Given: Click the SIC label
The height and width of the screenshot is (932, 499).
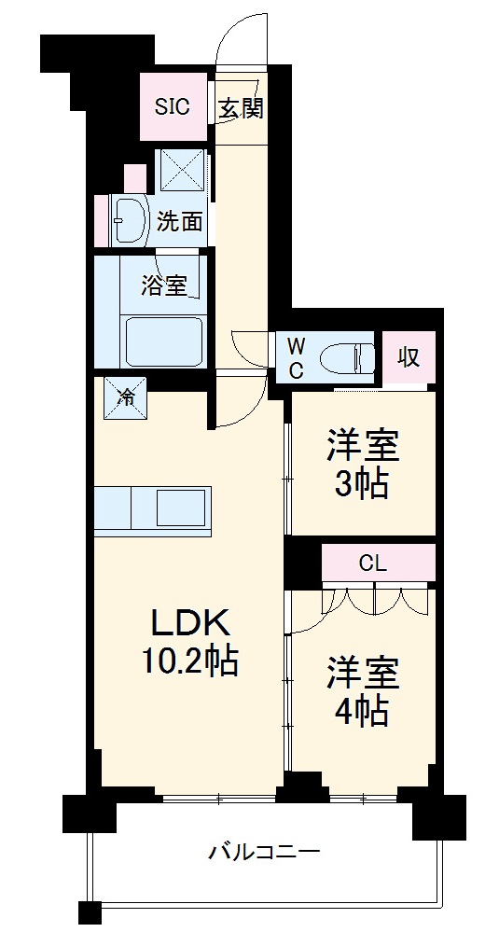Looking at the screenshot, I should click(x=172, y=107).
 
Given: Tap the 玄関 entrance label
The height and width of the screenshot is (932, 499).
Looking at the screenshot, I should click(x=241, y=108).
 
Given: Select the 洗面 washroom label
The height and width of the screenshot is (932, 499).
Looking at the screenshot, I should click(x=179, y=221).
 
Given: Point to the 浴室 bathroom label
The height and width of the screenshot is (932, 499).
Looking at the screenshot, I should click(x=164, y=286).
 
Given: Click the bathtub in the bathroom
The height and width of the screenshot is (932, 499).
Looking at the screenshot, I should click(x=164, y=341).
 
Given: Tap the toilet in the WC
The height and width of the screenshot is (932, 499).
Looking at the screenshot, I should click(x=345, y=357).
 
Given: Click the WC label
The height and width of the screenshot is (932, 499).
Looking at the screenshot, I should click(x=295, y=356).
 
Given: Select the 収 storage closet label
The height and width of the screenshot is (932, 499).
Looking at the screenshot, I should click(x=408, y=356).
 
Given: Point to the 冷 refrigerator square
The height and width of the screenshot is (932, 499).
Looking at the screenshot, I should click(x=124, y=395).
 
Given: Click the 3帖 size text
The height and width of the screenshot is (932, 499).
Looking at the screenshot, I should click(x=362, y=484).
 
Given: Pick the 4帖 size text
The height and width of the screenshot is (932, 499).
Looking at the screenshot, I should click(x=362, y=712).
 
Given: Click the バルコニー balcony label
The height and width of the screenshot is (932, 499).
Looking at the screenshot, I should click(x=264, y=851).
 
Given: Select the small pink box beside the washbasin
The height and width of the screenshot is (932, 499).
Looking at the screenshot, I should click(x=134, y=177).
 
